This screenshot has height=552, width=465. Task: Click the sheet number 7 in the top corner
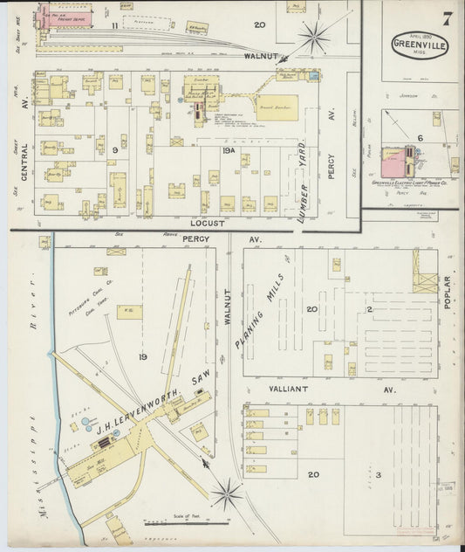tap(447, 17)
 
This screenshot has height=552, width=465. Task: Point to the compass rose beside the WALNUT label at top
tap(313, 38)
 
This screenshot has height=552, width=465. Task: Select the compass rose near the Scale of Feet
tap(226, 496)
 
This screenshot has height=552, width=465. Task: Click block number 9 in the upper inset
tap(114, 149)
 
